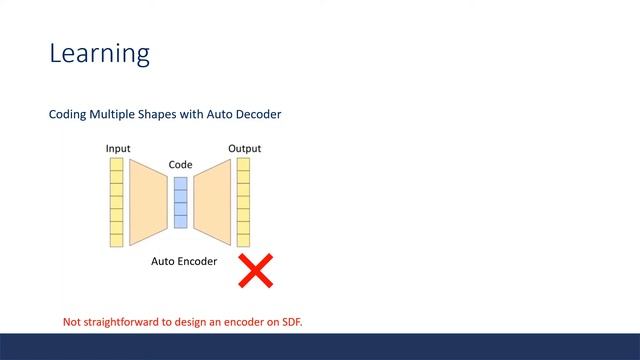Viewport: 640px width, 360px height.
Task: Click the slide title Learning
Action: click(x=99, y=53)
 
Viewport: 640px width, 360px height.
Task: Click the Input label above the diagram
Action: click(x=118, y=149)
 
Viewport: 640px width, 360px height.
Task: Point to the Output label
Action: click(x=244, y=149)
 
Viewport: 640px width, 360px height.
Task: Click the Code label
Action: click(x=180, y=164)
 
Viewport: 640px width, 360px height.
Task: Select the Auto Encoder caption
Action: click(x=184, y=261)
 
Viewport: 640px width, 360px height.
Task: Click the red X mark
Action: click(x=256, y=270)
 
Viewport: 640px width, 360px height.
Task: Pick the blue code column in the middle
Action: click(x=180, y=202)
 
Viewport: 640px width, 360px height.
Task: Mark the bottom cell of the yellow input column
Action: click(x=117, y=239)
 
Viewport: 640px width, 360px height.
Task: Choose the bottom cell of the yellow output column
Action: click(x=243, y=239)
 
